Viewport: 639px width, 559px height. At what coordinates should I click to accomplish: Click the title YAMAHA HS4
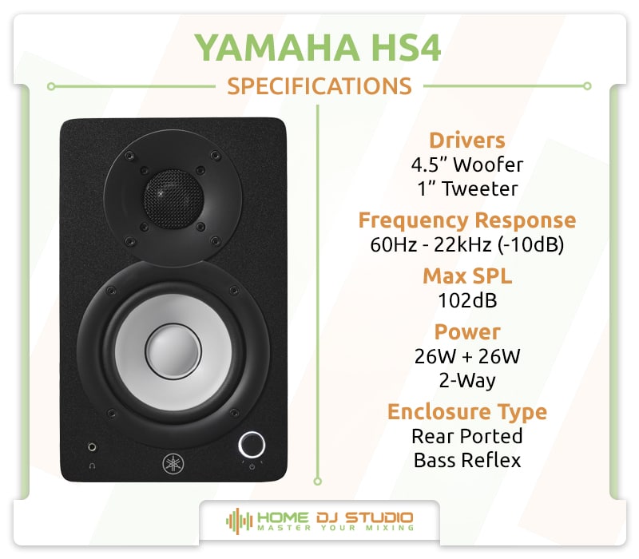[319, 47]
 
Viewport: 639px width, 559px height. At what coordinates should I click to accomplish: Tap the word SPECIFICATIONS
[319, 85]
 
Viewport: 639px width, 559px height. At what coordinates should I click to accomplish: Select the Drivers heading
[467, 140]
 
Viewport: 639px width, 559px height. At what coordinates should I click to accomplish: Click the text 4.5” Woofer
[467, 165]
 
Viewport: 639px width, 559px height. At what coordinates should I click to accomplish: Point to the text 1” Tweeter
[467, 189]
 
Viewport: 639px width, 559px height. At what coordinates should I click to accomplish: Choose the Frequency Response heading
[467, 220]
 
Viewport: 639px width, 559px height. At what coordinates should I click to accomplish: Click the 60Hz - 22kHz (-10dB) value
[467, 245]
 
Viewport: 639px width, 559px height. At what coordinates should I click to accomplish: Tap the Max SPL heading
[467, 276]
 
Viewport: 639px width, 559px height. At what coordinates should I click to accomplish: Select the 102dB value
[467, 301]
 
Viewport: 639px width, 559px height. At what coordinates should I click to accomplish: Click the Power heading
[467, 331]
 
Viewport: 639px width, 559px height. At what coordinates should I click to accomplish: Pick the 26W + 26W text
[467, 356]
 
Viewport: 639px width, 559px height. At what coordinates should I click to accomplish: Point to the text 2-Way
[467, 380]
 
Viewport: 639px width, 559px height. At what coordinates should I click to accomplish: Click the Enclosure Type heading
[467, 411]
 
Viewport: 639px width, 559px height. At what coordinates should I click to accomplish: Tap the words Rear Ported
[467, 436]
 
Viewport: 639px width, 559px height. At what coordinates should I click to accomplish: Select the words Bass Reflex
[467, 460]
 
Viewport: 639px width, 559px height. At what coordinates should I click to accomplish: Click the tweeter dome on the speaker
[173, 191]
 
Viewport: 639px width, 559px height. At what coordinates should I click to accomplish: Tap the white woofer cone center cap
[172, 350]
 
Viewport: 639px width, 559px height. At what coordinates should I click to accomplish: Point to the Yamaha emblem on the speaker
[173, 462]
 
